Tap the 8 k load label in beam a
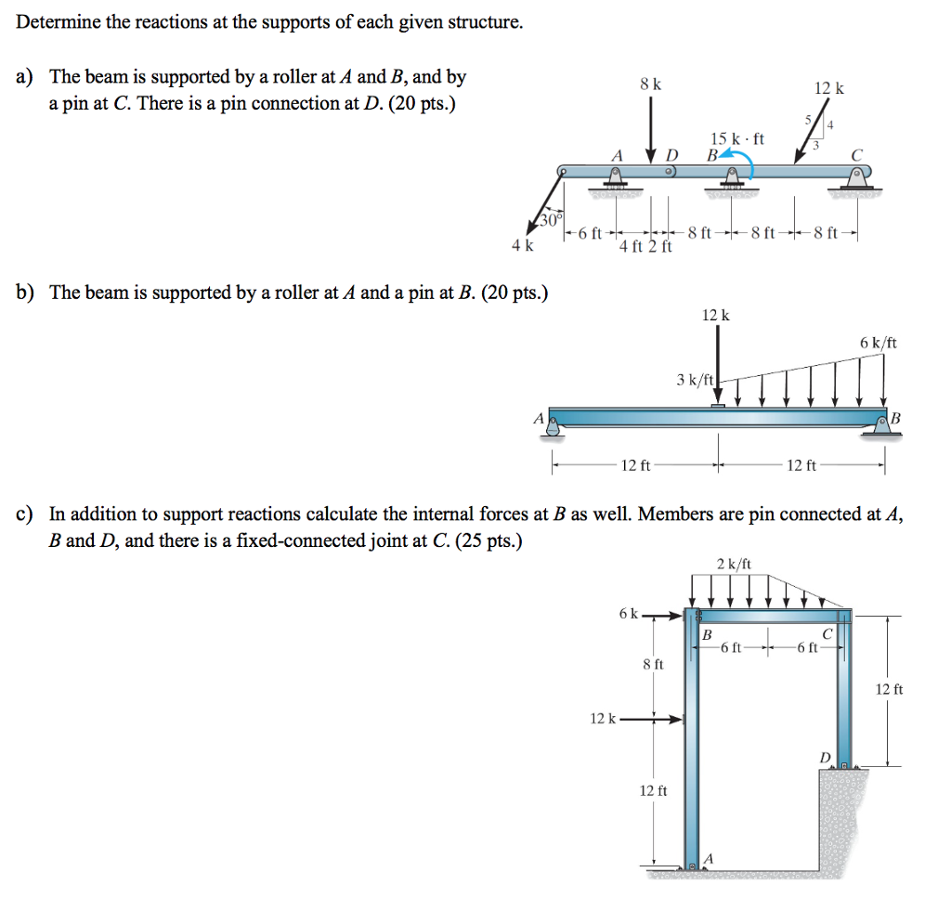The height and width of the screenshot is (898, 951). (x=650, y=85)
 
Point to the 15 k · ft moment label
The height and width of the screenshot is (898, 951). (x=736, y=139)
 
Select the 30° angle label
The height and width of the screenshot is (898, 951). (x=548, y=221)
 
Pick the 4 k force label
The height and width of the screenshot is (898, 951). (x=523, y=246)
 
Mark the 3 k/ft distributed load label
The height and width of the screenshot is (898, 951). (x=695, y=379)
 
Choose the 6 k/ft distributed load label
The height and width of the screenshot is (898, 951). (x=878, y=343)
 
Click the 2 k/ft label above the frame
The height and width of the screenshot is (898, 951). (x=735, y=564)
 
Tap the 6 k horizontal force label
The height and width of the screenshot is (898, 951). (x=628, y=614)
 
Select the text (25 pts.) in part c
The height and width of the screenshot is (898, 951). (x=483, y=540)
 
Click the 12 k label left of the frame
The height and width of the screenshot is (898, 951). (x=602, y=718)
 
